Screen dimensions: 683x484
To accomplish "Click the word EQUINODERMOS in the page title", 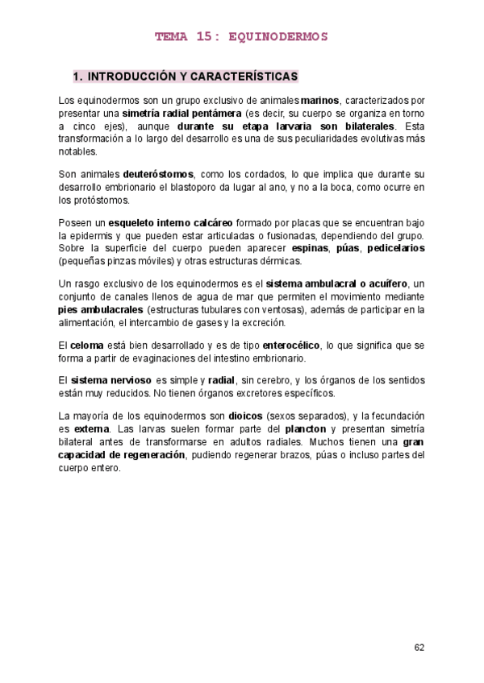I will [x=279, y=36].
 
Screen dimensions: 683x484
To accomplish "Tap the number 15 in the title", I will [x=202, y=36].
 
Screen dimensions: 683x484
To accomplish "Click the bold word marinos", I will [x=320, y=101].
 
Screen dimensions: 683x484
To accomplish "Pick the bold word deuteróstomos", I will [x=158, y=174].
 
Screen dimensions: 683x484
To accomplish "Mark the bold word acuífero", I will [x=386, y=284].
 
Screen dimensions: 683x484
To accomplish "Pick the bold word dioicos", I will [x=245, y=416].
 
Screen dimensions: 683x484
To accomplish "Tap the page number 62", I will [x=419, y=647].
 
